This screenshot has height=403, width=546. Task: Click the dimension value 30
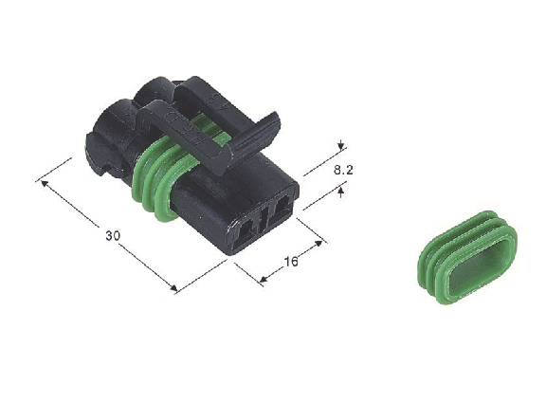coord(113,236)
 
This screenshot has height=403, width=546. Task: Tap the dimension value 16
coord(291,261)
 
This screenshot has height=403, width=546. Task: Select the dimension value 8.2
coord(343,170)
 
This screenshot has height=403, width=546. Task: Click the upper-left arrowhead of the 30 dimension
coord(45,182)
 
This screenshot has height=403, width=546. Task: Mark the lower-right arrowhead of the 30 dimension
coord(173,287)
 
